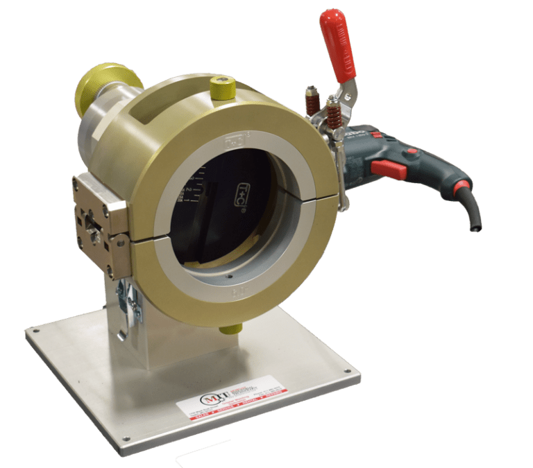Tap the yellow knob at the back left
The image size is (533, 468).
94,91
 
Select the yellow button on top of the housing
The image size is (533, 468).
222,86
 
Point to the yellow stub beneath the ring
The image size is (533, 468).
232,327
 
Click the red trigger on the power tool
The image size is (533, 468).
387,167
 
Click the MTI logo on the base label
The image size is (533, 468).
194,400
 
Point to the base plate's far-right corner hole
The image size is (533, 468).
344,372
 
